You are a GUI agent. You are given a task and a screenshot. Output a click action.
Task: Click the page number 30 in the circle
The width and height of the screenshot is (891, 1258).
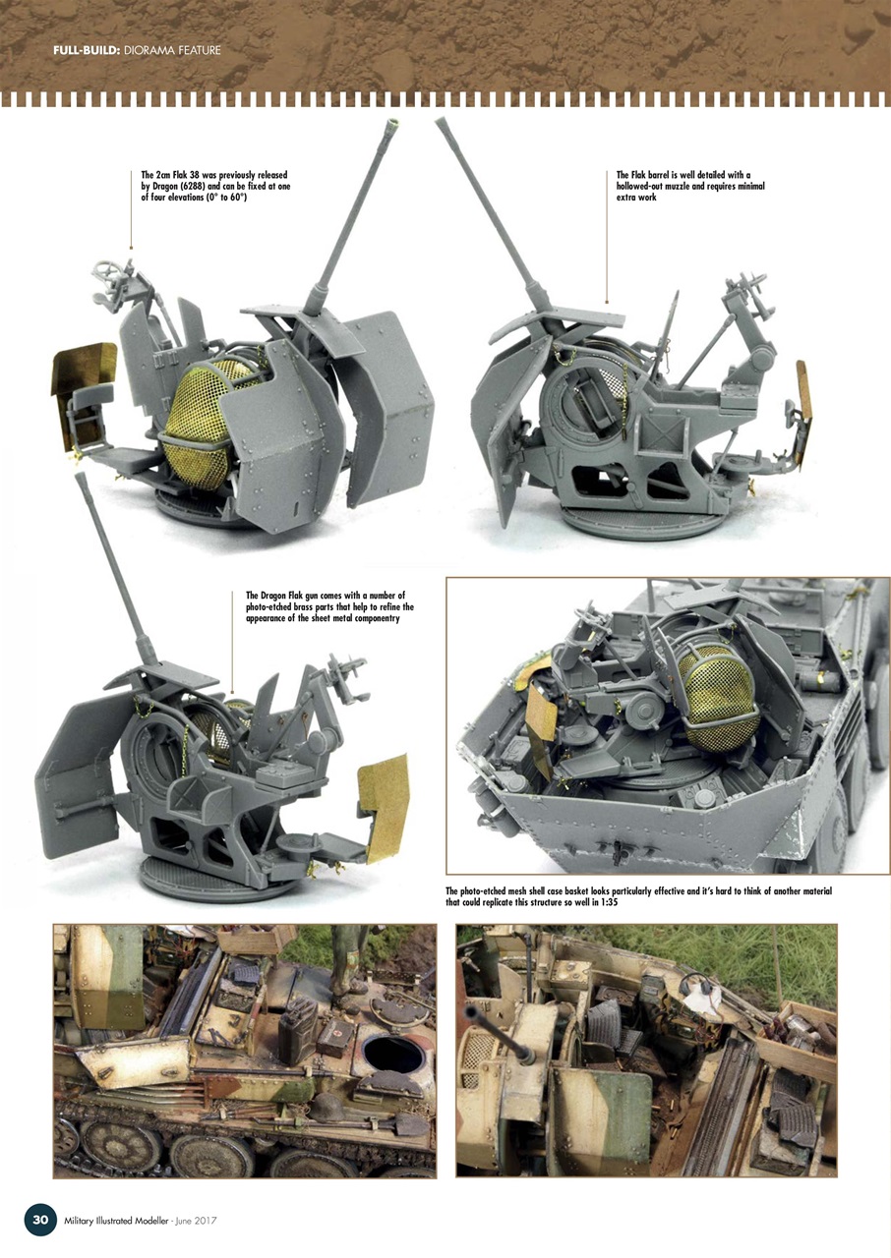click(x=40, y=1220)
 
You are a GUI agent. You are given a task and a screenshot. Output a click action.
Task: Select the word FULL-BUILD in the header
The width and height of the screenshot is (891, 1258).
click(x=83, y=50)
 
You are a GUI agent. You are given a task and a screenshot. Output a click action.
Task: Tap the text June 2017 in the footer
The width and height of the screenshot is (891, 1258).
click(x=197, y=1221)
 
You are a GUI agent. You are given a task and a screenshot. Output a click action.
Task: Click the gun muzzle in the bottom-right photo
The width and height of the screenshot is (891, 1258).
click(x=473, y=1012)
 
